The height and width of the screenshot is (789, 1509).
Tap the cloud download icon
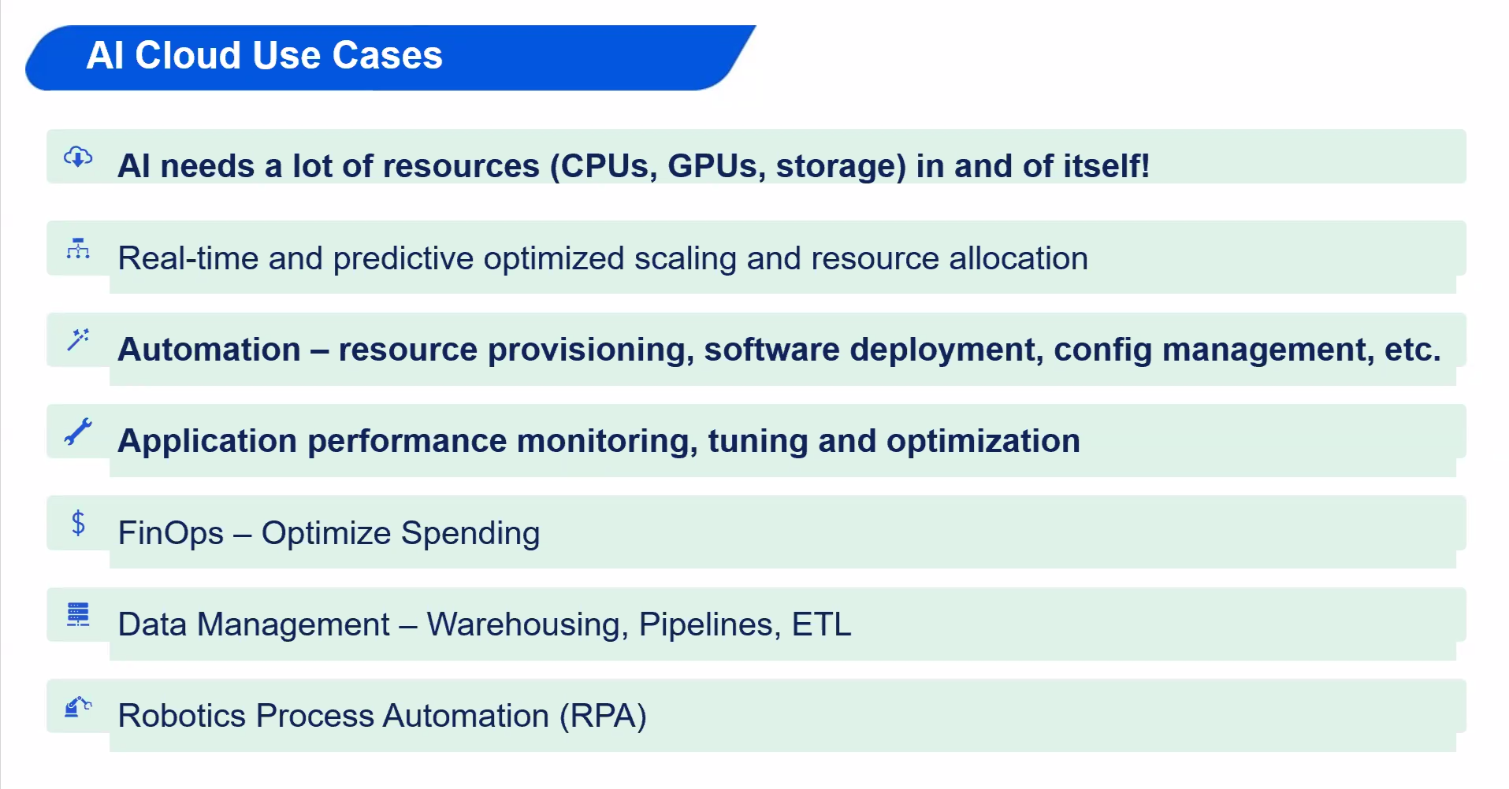point(78,156)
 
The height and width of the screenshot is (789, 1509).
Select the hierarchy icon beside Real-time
point(78,248)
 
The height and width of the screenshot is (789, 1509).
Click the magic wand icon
point(78,339)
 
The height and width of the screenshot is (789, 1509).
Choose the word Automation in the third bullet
point(209,350)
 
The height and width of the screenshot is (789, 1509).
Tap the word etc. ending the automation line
point(1413,350)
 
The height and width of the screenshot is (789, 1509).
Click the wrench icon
point(78,432)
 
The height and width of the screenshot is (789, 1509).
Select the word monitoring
point(607,441)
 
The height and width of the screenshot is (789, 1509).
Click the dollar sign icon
point(78,523)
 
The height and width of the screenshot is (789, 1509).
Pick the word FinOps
point(171,534)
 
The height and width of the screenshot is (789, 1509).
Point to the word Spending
point(470,534)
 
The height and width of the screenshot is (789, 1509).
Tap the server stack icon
point(78,614)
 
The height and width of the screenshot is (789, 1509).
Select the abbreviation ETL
point(821,624)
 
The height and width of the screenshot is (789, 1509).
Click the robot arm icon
point(78,706)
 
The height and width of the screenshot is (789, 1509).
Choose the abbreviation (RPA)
point(603,716)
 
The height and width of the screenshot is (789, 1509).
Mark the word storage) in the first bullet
point(841,166)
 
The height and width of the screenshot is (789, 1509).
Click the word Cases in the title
point(387,55)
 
